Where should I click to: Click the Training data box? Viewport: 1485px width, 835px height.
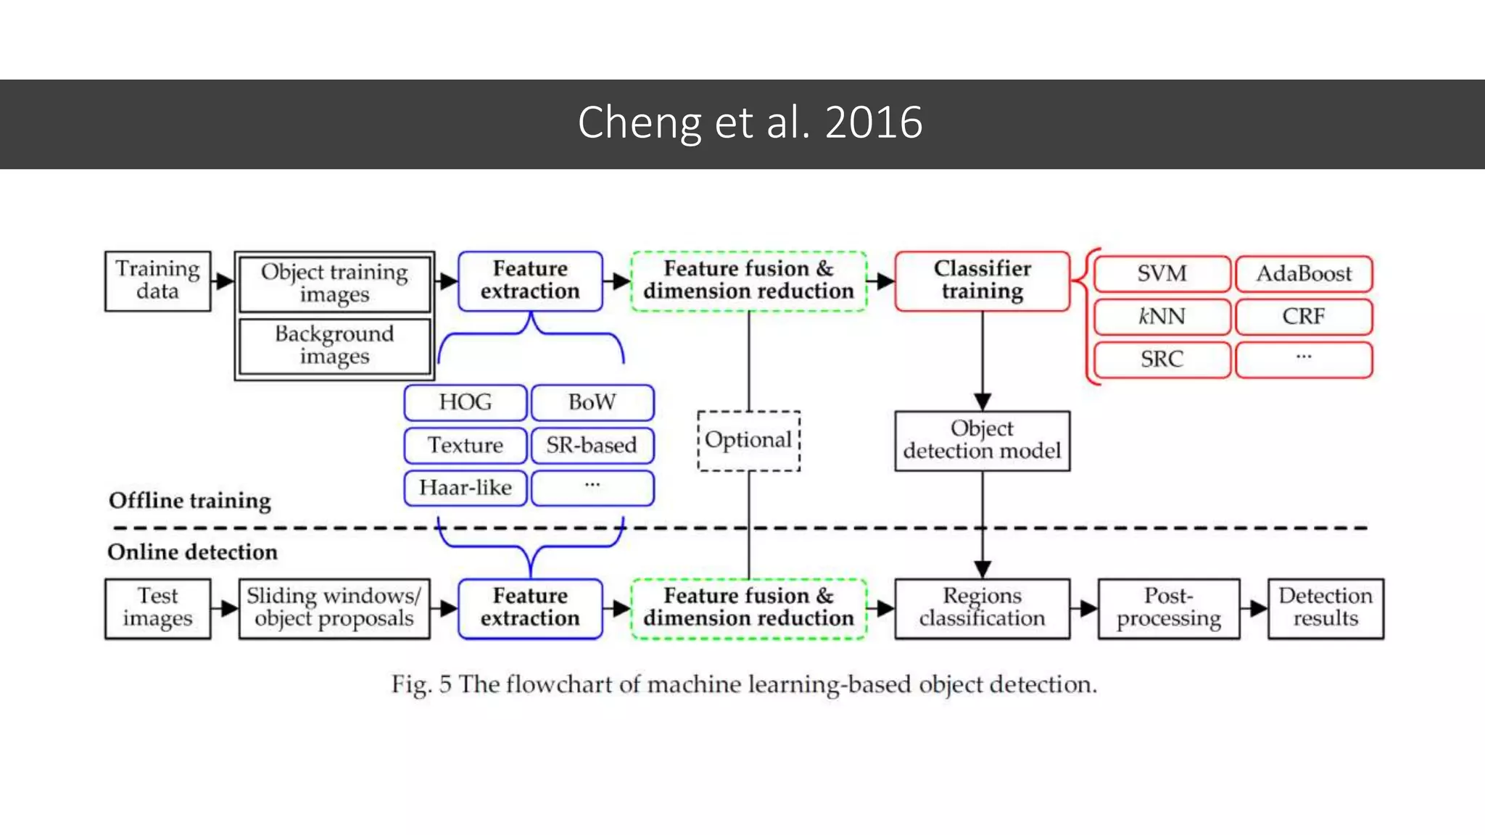point(157,281)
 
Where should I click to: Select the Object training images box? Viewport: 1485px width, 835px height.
point(334,283)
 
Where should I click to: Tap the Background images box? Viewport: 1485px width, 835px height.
point(334,346)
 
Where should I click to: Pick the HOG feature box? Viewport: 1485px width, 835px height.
point(465,402)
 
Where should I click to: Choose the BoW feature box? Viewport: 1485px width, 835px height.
point(592,402)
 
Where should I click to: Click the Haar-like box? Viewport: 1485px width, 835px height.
point(465,488)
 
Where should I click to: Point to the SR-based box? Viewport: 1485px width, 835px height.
point(592,445)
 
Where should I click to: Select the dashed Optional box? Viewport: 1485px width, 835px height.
point(748,441)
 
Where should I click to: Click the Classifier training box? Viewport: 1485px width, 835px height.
point(982,281)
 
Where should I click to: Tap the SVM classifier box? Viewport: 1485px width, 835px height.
point(1162,274)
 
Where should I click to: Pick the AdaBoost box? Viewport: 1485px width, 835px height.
point(1304,274)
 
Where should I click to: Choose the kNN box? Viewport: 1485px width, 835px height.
point(1162,317)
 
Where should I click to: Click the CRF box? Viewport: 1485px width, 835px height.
point(1304,317)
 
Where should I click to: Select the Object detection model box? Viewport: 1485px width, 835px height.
point(982,441)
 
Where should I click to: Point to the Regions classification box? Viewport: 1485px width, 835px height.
point(982,608)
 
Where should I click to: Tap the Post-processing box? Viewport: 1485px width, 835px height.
point(1168,608)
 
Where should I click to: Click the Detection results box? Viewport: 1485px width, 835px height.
point(1325,608)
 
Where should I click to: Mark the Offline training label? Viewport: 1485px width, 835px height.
point(190,501)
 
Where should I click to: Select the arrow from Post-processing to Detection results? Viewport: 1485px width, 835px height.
point(1254,608)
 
